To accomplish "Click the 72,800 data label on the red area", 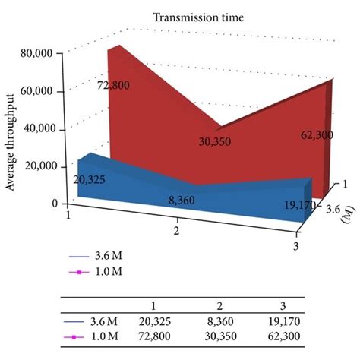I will pyautogui.click(x=112, y=85).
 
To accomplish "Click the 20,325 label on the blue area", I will pyautogui.click(x=90, y=180).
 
